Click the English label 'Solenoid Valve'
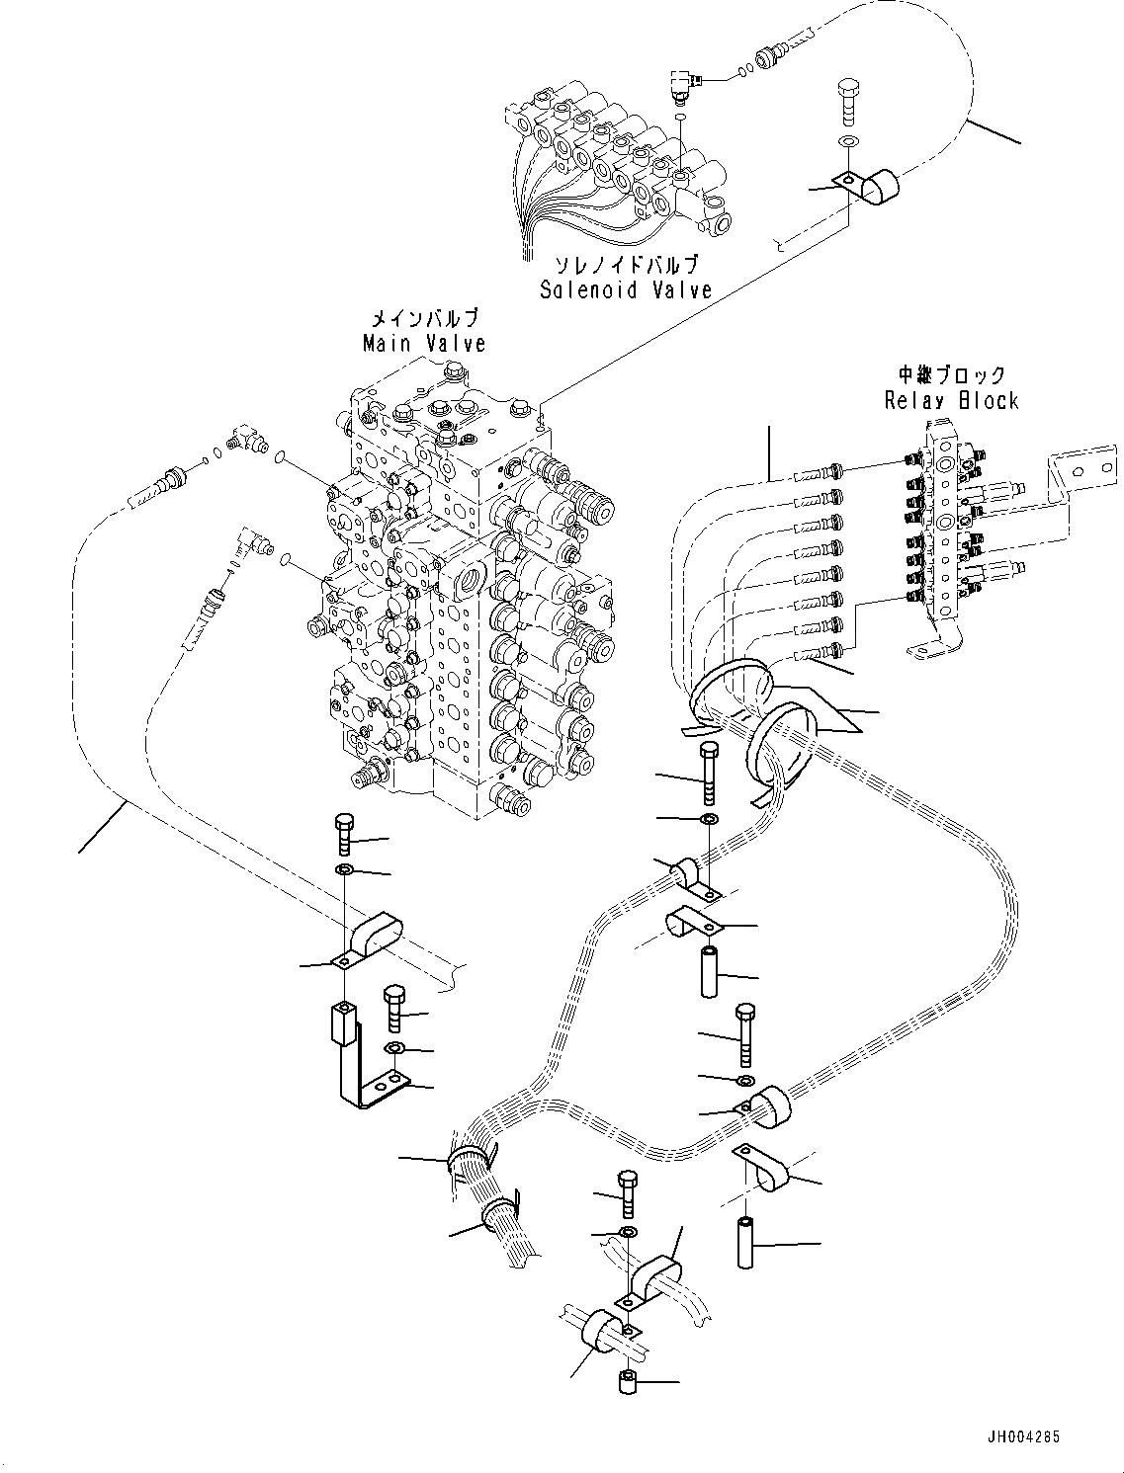(625, 289)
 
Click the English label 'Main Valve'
(424, 343)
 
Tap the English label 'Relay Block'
(951, 400)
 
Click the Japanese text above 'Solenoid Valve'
(625, 265)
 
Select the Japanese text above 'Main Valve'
(424, 318)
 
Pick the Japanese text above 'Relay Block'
(951, 375)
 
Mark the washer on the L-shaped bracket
(393, 1047)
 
